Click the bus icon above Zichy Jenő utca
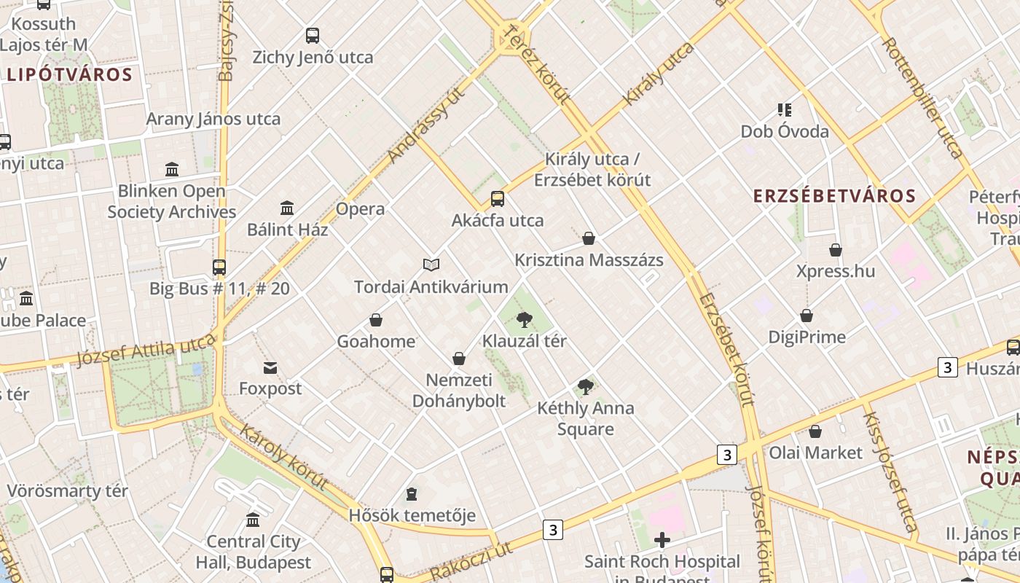coord(313,35)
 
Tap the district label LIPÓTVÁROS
coord(70,74)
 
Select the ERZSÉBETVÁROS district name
coord(834,196)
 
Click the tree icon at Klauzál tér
coord(524,319)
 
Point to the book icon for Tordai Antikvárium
coord(431,265)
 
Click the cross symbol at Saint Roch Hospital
coord(662,540)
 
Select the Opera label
coord(360,209)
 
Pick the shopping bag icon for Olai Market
coord(815,431)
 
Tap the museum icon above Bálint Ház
coord(287,208)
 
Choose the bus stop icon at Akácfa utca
coord(498,198)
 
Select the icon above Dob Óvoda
coord(785,110)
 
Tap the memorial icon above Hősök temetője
coord(412,494)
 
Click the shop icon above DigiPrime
coord(806,316)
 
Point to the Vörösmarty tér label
coord(67,491)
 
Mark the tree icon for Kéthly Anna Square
coord(585,386)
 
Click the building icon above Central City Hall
coord(253,520)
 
